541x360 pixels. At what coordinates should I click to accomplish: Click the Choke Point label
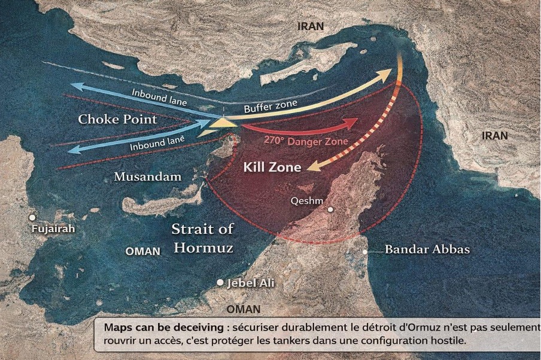tap(118, 120)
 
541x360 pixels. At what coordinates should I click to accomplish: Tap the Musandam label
tap(147, 176)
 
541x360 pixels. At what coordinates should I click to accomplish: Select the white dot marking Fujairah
tap(32, 218)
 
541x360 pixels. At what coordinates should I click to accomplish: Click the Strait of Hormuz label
tap(203, 238)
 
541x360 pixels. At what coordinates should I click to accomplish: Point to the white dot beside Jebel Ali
tap(220, 282)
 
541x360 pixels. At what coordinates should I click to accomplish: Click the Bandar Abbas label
tap(427, 249)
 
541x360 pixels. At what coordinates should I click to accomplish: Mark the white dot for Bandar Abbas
tap(365, 252)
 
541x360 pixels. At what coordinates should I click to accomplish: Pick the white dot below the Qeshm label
tap(330, 209)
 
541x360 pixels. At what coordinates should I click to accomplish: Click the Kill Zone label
tap(272, 167)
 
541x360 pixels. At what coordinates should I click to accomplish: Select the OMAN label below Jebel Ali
tap(244, 309)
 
